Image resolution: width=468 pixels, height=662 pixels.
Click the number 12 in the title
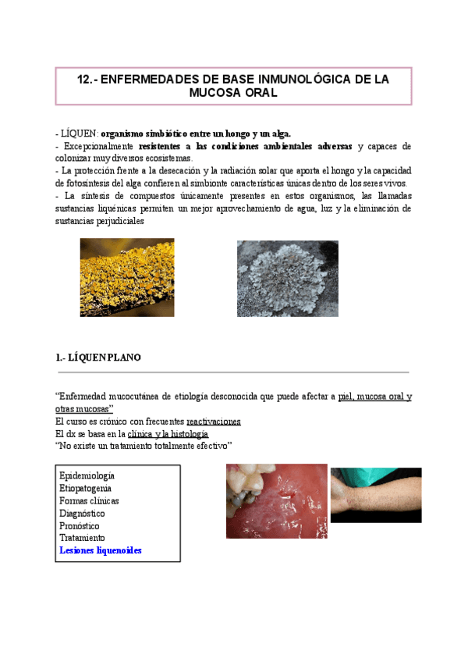(85, 80)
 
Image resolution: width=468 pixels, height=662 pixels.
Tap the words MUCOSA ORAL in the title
(233, 93)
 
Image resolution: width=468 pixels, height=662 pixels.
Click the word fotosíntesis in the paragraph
(84, 183)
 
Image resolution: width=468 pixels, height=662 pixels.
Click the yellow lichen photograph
(127, 277)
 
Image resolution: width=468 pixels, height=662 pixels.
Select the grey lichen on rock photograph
(288, 278)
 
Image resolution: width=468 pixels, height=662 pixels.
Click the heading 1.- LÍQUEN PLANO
(98, 358)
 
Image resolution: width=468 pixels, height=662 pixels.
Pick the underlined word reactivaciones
(214, 422)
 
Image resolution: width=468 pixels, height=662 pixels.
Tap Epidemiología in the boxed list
(87, 475)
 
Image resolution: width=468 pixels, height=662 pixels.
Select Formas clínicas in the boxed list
(89, 500)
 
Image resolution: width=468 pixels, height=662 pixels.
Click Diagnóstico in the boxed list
(82, 513)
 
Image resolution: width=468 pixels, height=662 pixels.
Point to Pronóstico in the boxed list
(80, 525)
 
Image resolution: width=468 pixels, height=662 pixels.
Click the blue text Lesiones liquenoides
(101, 550)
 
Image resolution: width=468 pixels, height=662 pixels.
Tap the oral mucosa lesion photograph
(277, 501)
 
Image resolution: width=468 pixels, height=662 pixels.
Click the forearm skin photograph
(376, 495)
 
